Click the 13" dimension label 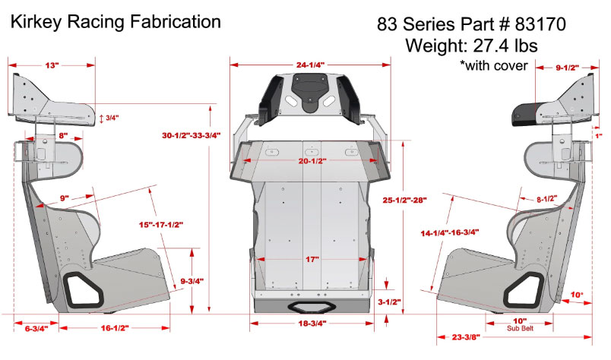coord(51,66)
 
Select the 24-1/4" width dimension coord(309,65)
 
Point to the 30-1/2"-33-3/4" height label coord(192,136)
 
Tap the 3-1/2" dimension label coord(389,301)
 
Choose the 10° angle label coord(577,295)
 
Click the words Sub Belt coord(520,329)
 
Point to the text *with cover coord(494,65)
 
